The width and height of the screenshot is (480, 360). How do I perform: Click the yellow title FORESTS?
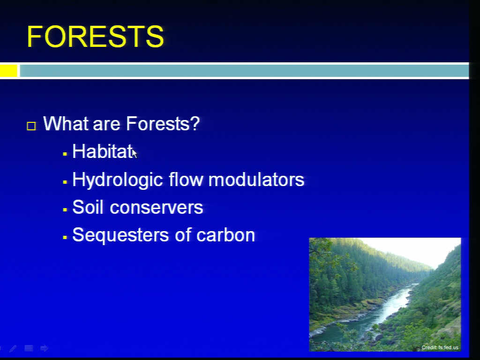pos(95,37)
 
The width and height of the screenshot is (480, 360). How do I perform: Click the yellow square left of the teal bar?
pos(8,71)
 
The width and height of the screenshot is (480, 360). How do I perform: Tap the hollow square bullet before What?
pos(31,126)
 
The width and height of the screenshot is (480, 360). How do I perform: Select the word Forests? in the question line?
pos(163,124)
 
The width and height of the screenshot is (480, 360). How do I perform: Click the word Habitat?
pos(103,151)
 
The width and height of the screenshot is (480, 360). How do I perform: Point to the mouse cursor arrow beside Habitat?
pos(135,153)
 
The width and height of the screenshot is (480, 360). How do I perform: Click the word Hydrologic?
pos(118,180)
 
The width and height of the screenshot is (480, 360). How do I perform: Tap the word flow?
pos(186,179)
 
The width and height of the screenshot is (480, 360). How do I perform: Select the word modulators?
pos(256,179)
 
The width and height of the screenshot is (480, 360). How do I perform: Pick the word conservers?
pos(157,208)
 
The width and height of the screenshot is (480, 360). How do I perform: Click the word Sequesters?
pos(120,235)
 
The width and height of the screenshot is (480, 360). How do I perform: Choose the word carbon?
pos(225,235)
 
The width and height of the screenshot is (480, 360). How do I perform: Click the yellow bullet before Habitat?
pos(65,154)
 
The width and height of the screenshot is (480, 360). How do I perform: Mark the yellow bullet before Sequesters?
pos(65,237)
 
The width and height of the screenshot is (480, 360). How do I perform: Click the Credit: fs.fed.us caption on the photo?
pos(440,347)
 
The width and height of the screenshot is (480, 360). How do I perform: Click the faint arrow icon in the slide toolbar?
pos(44,348)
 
